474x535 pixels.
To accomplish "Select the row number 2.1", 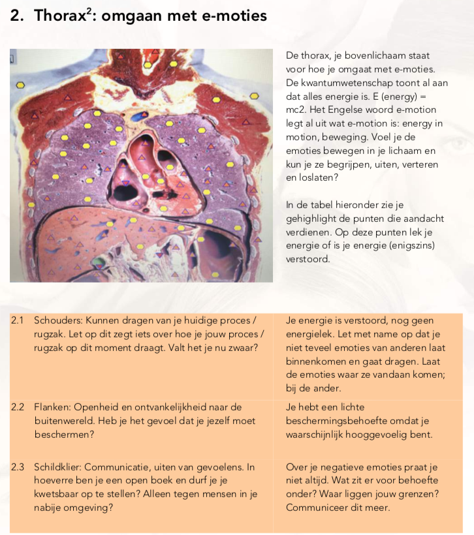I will click(x=18, y=320).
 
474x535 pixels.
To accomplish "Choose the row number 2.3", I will click(x=18, y=467).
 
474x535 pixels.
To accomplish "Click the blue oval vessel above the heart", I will click(x=137, y=117).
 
